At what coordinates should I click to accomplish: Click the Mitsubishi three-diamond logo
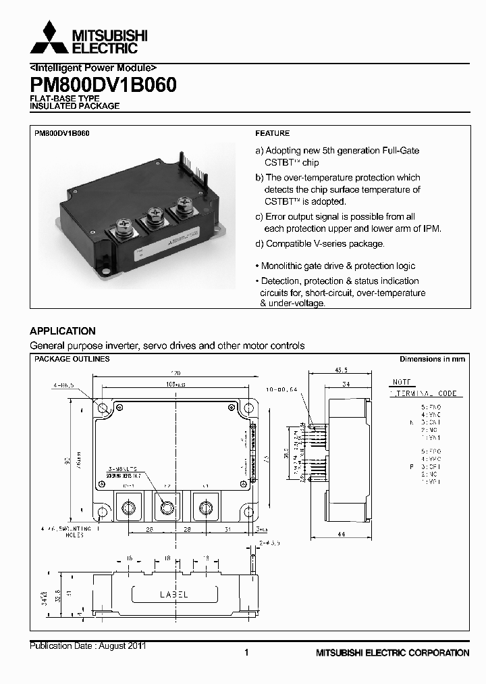click(x=49, y=38)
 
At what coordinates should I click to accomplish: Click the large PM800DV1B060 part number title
click(x=103, y=86)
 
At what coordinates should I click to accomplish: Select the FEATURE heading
click(x=272, y=134)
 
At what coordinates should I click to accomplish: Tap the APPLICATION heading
click(x=63, y=331)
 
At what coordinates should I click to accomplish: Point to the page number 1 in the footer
click(x=246, y=652)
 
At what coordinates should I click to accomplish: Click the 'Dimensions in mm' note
click(x=432, y=360)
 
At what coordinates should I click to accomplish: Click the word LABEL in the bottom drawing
click(x=173, y=595)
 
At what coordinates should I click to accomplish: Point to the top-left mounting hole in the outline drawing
click(x=103, y=409)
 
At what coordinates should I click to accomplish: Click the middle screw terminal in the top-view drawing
click(x=167, y=506)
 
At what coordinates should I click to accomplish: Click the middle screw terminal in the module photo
click(x=155, y=218)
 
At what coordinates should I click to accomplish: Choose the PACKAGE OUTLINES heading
click(x=72, y=360)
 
